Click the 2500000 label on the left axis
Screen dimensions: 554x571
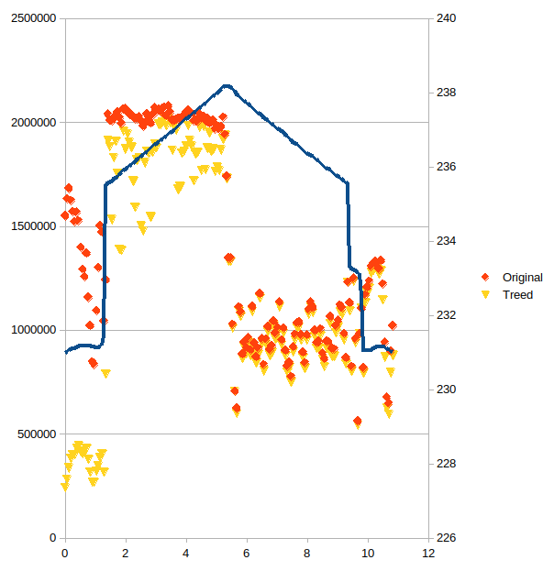[x=34, y=17]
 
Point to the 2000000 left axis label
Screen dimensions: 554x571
[x=34, y=123]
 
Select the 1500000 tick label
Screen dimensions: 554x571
[x=34, y=226]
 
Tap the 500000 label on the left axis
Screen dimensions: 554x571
[x=37, y=434]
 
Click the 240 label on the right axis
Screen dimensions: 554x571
[x=446, y=17]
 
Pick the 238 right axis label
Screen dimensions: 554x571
[x=446, y=93]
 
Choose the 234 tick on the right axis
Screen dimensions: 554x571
[x=446, y=241]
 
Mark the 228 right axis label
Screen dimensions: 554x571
[x=446, y=464]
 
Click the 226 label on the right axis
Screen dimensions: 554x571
[x=446, y=537]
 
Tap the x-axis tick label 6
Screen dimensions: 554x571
[x=247, y=554]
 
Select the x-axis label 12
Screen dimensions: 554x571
[x=428, y=554]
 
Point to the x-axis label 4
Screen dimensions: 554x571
[x=186, y=554]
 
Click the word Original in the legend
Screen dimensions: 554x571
[x=523, y=278]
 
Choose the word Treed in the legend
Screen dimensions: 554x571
[x=517, y=294]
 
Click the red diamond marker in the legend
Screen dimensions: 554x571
[x=485, y=277]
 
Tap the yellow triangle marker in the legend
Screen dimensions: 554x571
[x=485, y=294]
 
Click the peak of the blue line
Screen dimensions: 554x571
[x=227, y=86]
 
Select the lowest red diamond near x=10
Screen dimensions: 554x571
[x=357, y=421]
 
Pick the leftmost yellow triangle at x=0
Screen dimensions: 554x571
[x=65, y=487]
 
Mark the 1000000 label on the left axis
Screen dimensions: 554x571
[x=34, y=330]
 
